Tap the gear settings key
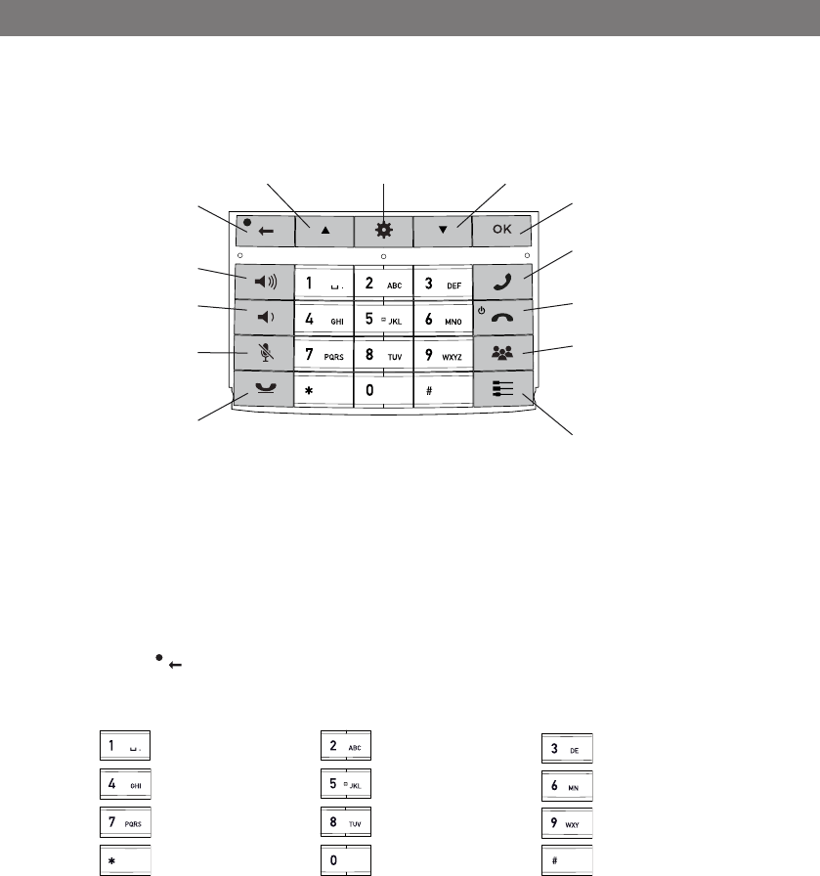click(x=383, y=231)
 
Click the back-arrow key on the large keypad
click(x=263, y=231)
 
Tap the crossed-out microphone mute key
click(x=263, y=354)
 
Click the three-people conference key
click(x=502, y=354)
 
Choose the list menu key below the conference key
click(x=502, y=389)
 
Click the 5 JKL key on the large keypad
click(x=383, y=319)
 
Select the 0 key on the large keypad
click(x=383, y=389)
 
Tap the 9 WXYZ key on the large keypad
click(x=443, y=354)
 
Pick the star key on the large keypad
click(x=324, y=389)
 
